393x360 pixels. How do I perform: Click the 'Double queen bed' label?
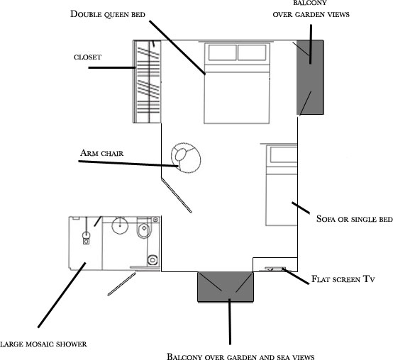(108, 14)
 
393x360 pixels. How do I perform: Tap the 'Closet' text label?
(87, 57)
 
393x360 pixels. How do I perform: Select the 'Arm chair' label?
(101, 153)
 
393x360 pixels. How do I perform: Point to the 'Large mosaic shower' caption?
(43, 344)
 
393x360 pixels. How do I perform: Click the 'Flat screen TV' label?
(343, 279)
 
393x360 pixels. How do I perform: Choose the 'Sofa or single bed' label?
(355, 219)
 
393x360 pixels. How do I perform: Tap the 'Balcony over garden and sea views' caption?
(240, 356)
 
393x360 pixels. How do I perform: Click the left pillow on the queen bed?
(222, 52)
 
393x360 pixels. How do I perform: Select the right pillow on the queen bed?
(252, 52)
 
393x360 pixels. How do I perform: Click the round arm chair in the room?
(186, 158)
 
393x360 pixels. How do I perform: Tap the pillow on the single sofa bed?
(284, 154)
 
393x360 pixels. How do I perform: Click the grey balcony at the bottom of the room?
(226, 287)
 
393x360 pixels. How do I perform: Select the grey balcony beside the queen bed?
(310, 77)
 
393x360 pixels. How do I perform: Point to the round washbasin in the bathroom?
(120, 225)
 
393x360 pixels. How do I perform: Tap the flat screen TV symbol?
(275, 269)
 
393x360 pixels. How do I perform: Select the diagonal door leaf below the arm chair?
(177, 195)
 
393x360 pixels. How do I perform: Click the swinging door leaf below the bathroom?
(121, 284)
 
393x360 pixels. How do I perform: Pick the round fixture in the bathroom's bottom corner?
(153, 260)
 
